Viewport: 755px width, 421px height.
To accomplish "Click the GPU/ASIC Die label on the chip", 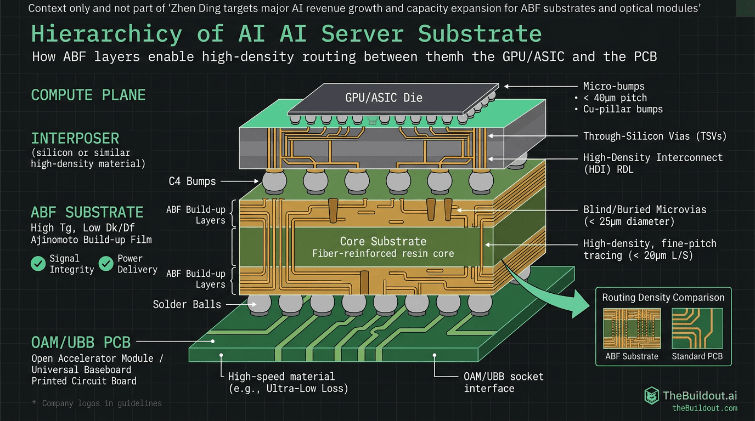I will (x=384, y=98).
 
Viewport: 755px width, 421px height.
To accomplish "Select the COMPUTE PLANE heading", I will (x=88, y=95).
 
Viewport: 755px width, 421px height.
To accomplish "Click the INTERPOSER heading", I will (x=75, y=138).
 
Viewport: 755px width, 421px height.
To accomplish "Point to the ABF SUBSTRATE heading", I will (x=87, y=212).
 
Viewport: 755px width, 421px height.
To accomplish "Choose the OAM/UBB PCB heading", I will (x=81, y=343).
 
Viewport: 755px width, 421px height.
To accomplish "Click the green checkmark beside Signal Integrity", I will (x=38, y=264).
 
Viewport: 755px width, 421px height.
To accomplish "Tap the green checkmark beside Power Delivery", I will (x=106, y=264).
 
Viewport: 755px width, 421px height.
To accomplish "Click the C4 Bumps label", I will (x=192, y=181).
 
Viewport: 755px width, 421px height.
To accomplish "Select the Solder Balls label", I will (x=187, y=304).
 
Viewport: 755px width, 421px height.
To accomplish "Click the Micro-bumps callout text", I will (x=613, y=86).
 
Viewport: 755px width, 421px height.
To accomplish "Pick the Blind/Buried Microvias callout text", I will (x=645, y=209).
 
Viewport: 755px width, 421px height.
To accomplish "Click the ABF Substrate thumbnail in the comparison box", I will (x=632, y=328).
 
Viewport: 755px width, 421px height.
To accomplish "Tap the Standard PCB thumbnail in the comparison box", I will (x=697, y=328).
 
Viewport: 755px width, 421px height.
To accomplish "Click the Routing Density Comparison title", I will (x=663, y=298).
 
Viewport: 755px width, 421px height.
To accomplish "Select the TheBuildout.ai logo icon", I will (x=651, y=395).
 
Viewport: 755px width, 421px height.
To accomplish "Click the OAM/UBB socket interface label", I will (x=503, y=382).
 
